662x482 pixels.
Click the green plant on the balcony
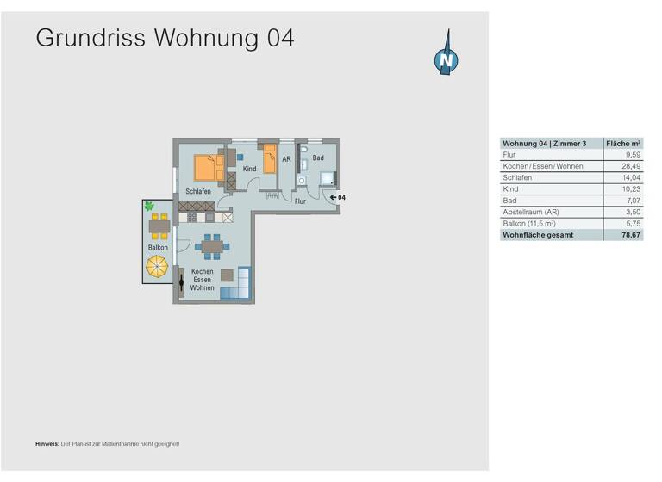coord(150,207)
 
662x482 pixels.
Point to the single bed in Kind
coord(270,158)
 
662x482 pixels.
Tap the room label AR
coord(287,159)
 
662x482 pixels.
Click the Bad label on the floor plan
coord(318,158)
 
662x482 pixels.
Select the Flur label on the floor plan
coord(300,201)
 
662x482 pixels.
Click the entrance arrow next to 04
coord(332,197)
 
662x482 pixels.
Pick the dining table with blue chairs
coord(212,248)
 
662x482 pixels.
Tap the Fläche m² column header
coord(624,143)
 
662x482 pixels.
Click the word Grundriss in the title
coord(92,38)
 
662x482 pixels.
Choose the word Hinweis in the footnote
coord(47,443)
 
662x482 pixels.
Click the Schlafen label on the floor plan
coord(198,191)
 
